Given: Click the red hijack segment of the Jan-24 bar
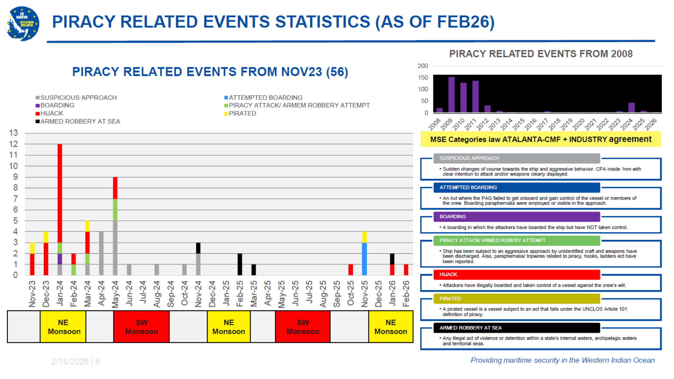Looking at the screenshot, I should (60, 192).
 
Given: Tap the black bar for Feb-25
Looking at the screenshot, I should (240, 264).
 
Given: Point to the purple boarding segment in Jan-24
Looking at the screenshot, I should (60, 259).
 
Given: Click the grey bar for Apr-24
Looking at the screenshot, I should (101, 253).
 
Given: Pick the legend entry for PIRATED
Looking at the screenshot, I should (242, 113).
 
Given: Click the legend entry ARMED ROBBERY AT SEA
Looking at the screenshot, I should (80, 121).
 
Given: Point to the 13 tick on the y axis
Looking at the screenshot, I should (13, 133).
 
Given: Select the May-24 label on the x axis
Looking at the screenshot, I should (115, 294).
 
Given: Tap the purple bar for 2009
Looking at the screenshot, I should (451, 95).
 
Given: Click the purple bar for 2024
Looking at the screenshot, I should (631, 108).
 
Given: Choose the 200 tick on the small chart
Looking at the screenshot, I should (423, 66).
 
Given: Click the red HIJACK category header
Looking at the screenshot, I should (516, 274).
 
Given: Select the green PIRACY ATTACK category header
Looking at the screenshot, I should (516, 240).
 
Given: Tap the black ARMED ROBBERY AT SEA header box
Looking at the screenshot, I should (516, 328).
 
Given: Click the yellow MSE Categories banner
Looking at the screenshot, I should (541, 139).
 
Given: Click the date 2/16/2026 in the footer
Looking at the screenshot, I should (70, 362).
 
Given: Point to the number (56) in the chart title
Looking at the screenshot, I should (337, 72).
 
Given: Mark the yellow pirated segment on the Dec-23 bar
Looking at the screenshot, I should (46, 237).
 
